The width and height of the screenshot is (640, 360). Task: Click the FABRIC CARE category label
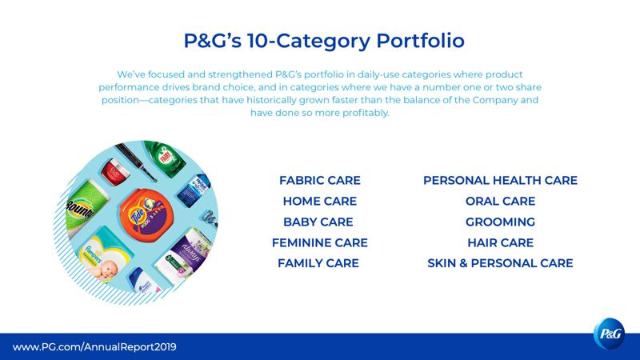point(319,181)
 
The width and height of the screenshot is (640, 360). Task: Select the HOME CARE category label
point(319,202)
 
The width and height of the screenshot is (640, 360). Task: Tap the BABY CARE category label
point(318,222)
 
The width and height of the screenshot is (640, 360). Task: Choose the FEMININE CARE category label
point(319,243)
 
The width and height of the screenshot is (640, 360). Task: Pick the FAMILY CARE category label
point(318,263)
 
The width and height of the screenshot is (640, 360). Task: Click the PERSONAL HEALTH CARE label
point(501,181)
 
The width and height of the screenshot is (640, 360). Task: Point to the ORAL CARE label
point(501,202)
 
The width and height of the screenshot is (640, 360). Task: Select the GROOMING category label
point(501,222)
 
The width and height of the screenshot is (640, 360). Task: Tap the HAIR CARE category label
point(501,243)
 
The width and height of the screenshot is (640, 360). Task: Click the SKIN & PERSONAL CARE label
point(501,263)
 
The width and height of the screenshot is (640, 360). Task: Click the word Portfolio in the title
point(421,41)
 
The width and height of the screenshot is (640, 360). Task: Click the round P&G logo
point(610,334)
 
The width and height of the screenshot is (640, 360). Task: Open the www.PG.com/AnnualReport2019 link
point(94,347)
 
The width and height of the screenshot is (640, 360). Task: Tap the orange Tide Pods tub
point(146,214)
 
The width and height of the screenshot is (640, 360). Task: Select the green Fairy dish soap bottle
point(165,158)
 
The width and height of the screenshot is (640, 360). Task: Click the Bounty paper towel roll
point(85,207)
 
